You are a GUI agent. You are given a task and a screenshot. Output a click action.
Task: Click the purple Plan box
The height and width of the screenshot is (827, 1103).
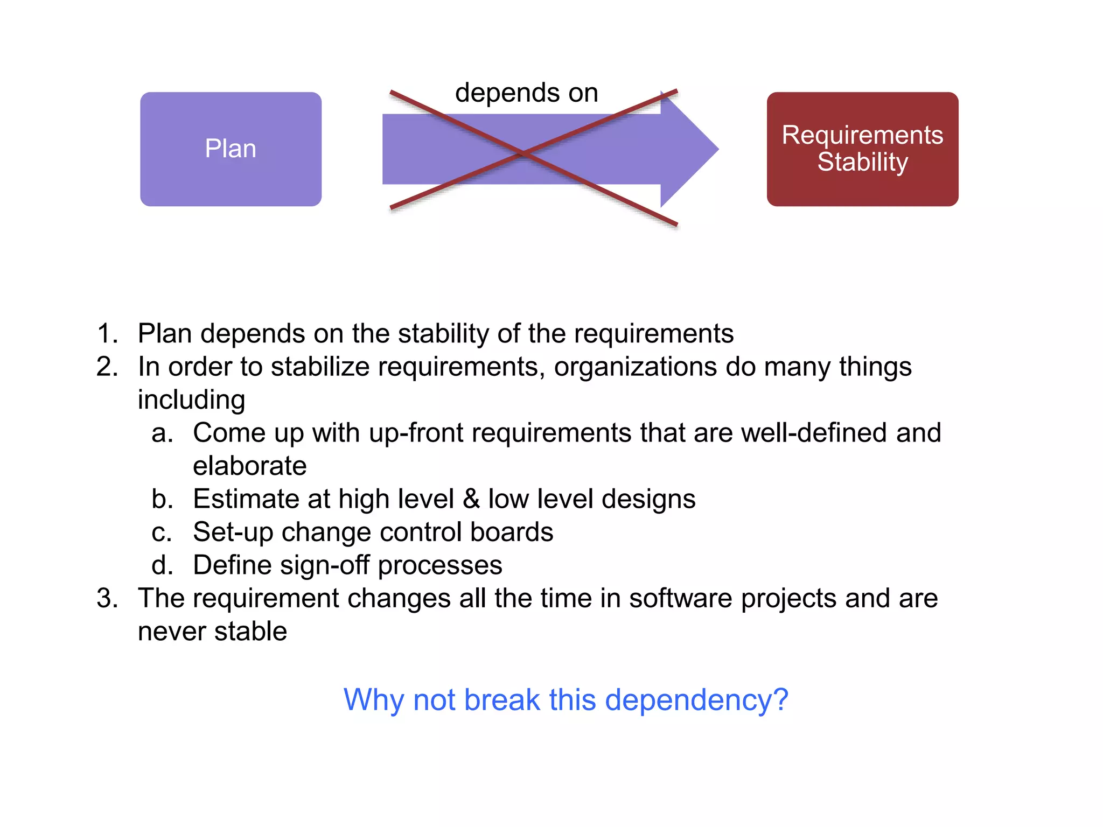coord(231,149)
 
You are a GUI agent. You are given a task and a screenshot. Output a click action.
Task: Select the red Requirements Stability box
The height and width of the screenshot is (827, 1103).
coord(862,149)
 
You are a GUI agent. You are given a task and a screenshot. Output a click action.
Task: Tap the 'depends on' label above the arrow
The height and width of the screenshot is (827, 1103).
coord(526,93)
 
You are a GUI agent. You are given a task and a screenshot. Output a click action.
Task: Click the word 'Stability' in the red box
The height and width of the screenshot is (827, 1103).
coord(862,162)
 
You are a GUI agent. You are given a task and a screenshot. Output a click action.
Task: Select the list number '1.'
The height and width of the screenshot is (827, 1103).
coord(107,333)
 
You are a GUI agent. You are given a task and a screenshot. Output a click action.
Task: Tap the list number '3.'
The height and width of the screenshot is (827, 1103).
coord(107,598)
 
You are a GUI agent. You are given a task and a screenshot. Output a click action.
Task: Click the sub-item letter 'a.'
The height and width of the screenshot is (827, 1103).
coord(162,433)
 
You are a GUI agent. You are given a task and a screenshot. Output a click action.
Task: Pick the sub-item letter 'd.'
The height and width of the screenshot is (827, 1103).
coord(162,565)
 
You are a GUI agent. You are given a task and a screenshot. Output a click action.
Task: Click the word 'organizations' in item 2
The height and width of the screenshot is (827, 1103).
coord(635,367)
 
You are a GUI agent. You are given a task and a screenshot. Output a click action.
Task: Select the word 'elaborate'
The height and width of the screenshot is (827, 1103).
coord(249,466)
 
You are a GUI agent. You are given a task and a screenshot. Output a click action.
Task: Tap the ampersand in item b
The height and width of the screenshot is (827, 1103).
coord(471,499)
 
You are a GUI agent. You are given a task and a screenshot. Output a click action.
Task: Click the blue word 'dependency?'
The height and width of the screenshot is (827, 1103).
coord(696,700)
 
